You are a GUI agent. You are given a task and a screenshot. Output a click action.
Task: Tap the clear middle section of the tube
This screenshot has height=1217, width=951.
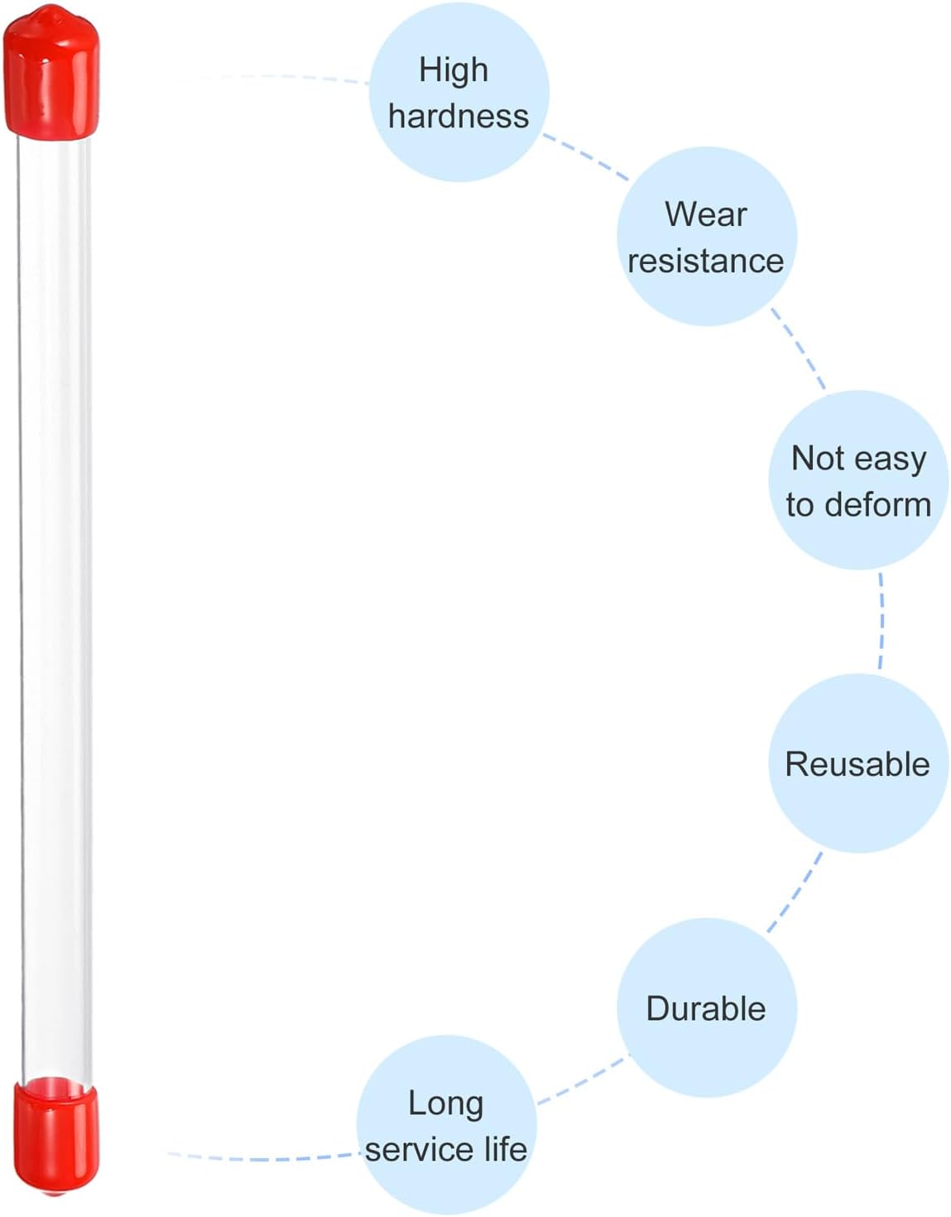[x=55, y=610]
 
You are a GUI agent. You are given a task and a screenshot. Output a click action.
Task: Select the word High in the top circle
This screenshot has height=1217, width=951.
[x=454, y=71]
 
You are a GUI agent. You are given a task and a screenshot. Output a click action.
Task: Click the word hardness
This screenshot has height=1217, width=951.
[x=459, y=117]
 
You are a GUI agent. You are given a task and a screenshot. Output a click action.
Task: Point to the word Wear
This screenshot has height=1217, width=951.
[x=706, y=214]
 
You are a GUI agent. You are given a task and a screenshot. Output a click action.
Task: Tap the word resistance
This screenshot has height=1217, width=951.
[x=705, y=262]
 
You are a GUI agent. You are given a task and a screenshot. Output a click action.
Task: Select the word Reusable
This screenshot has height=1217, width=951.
[x=857, y=764]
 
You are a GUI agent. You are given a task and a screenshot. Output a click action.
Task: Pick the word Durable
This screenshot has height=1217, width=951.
[x=706, y=1008]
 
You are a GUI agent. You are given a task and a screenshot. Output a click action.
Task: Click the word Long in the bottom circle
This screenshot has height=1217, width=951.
[x=445, y=1104]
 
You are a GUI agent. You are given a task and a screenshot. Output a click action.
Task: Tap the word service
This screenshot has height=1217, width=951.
[x=421, y=1150]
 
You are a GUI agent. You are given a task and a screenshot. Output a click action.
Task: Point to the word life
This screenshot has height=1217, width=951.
[x=506, y=1149]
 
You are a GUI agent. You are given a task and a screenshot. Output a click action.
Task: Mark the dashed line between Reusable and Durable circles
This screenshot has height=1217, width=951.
[x=795, y=892]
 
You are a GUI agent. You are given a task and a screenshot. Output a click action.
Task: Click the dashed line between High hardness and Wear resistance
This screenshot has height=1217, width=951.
[x=585, y=156]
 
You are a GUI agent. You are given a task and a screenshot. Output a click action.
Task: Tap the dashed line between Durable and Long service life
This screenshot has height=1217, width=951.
[x=582, y=1081]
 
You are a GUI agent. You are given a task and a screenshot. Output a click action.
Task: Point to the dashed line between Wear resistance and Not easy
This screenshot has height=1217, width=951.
[x=798, y=349]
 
